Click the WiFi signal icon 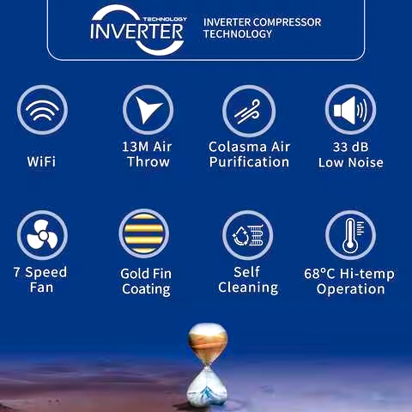tap(42, 110)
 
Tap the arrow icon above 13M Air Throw tap(148, 110)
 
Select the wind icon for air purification tap(249, 111)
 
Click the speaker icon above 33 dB tap(350, 110)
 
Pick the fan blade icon tap(42, 235)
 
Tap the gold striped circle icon tap(144, 233)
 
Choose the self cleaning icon tap(248, 235)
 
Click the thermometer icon tap(350, 235)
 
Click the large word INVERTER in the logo tap(136, 31)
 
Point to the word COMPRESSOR tap(287, 22)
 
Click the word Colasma tap(238, 147)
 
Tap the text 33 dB tap(350, 147)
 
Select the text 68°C tap(319, 274)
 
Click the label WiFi tap(41, 161)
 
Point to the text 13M tap(135, 147)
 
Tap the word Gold tap(134, 274)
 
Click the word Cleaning tap(248, 288)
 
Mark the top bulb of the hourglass tap(208, 342)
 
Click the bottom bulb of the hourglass tap(206, 386)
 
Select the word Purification tap(249, 162)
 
